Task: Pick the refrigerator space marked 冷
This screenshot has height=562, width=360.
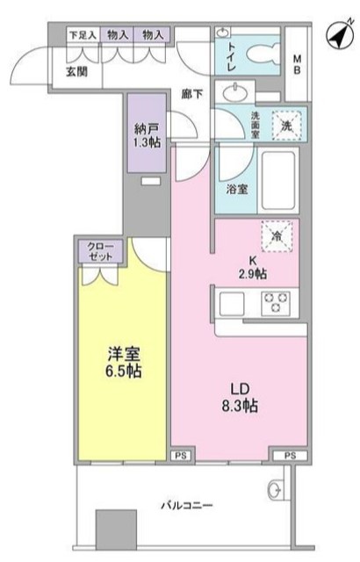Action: (274, 235)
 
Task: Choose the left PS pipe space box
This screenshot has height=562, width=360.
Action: (180, 455)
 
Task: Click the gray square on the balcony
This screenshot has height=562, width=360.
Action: (118, 532)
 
